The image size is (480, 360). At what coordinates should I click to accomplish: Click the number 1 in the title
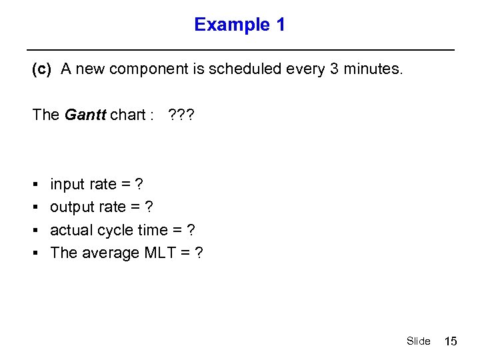(x=280, y=25)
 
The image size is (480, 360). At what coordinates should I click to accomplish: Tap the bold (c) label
(x=41, y=70)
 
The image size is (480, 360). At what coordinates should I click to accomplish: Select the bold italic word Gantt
(x=85, y=115)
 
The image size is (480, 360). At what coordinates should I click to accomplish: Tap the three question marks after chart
(x=181, y=115)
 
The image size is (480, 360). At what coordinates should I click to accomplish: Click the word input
(x=67, y=185)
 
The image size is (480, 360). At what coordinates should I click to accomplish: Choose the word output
(x=71, y=207)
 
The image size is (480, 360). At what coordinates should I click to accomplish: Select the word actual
(x=71, y=230)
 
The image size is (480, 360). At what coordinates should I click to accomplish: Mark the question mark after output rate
(x=149, y=207)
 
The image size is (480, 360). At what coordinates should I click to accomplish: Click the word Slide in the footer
(x=418, y=341)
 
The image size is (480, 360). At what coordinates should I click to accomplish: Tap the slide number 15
(x=451, y=341)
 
